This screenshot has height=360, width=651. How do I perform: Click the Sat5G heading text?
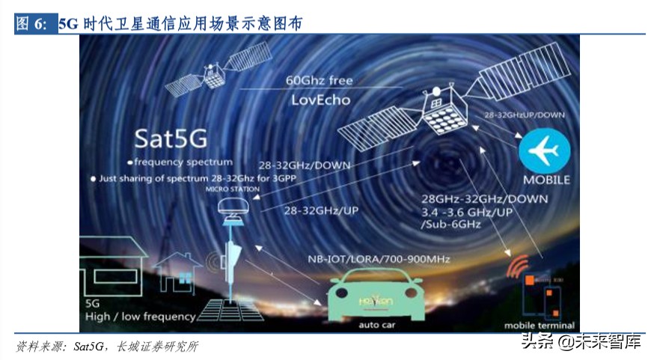pyautogui.click(x=171, y=138)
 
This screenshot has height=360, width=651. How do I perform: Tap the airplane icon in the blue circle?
pyautogui.click(x=544, y=150)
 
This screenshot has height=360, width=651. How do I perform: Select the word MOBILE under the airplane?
pyautogui.click(x=545, y=180)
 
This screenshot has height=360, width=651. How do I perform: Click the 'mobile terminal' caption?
pyautogui.click(x=539, y=326)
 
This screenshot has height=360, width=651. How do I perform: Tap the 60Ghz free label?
pyautogui.click(x=319, y=80)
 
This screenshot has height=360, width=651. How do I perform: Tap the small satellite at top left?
pyautogui.click(x=216, y=73)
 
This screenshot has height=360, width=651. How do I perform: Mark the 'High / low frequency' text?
pyautogui.click(x=141, y=317)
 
